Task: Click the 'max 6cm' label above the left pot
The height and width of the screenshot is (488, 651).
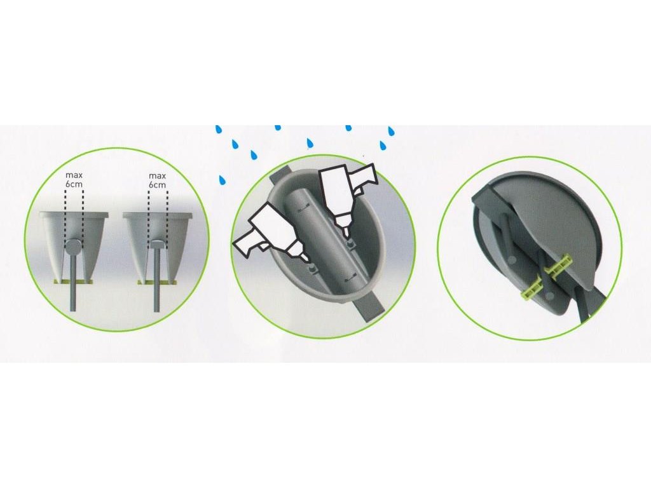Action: point(74,180)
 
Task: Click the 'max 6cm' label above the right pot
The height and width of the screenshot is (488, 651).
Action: point(158,180)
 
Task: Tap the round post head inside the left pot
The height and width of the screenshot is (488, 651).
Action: point(74,248)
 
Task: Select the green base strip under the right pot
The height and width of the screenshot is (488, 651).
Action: point(157,282)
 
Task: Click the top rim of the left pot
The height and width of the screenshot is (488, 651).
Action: point(74,215)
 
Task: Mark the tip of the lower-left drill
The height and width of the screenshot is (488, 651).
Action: point(309,261)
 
